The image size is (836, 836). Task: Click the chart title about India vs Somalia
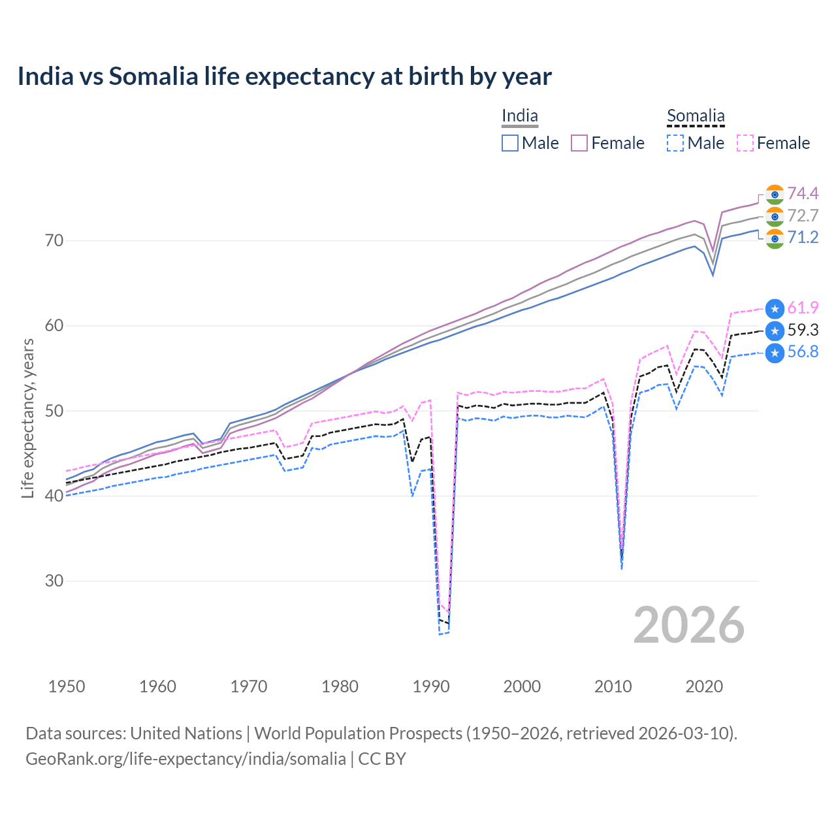coord(284,76)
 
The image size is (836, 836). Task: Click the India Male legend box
coord(510,143)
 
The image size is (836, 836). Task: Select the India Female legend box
coord(579,143)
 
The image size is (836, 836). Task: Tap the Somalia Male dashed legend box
coord(675,143)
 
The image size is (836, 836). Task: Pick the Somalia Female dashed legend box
coord(745,143)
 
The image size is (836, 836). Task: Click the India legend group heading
coord(519,116)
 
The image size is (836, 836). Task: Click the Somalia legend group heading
coord(696,116)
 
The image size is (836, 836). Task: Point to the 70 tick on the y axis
coord(54,240)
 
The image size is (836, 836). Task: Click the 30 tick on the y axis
coord(54,581)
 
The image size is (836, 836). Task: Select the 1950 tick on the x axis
coord(67,686)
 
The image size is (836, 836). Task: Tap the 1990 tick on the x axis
coord(431,686)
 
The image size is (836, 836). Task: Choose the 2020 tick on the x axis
coord(704,686)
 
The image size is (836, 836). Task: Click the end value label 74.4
coord(803,193)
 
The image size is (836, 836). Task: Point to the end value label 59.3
coord(803,330)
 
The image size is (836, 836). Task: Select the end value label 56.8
coord(803,352)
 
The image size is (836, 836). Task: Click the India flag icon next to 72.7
coord(775,216)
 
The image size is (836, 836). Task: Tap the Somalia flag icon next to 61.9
coord(775,308)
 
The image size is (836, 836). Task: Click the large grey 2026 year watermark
coord(689,625)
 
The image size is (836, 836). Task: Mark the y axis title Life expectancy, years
coord(27,418)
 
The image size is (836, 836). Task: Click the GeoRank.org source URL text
coord(185,758)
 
